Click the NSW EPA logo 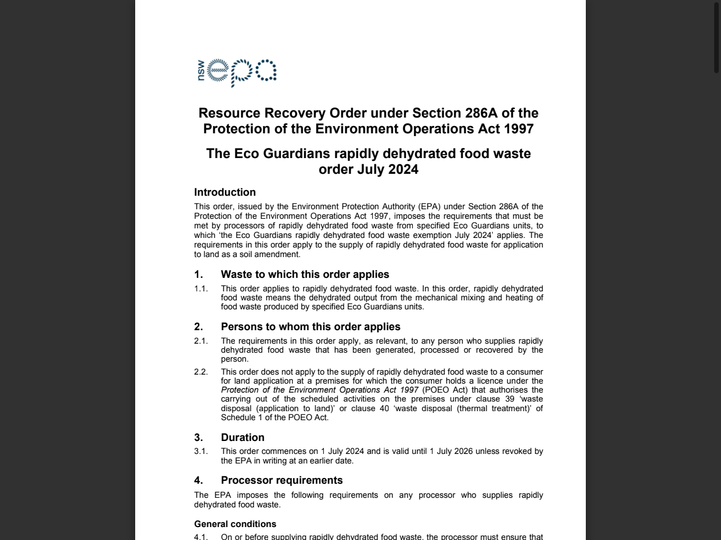point(237,73)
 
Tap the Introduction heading point(225,192)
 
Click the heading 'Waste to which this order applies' point(305,274)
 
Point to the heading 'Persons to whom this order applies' point(310,327)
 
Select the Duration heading point(242,438)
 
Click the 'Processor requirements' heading point(282,480)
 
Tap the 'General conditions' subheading point(235,524)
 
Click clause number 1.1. point(201,289)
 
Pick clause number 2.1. point(201,341)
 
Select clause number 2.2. point(201,372)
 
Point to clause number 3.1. point(201,451)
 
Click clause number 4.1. point(201,537)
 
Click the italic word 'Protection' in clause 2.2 point(241,390)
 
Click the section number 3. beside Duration point(198,438)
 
